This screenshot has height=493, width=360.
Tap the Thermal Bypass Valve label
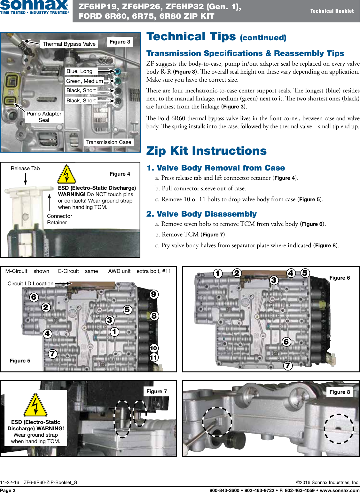69,44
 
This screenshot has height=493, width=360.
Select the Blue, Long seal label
79,71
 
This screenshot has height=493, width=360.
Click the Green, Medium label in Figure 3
84,81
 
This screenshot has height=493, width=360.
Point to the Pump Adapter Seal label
44,117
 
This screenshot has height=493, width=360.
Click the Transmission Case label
109,142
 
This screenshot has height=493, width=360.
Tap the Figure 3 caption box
120,42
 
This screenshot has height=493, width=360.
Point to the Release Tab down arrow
26,179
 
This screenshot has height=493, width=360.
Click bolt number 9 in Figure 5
154,294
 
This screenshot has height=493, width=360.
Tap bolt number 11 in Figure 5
154,358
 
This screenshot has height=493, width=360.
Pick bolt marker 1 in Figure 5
114,332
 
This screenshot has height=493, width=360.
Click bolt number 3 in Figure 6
274,280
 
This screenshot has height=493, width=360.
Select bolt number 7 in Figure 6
288,365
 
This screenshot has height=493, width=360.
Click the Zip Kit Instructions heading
206,151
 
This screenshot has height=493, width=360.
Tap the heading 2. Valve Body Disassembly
201,214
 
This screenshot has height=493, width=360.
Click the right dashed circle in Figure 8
339,429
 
